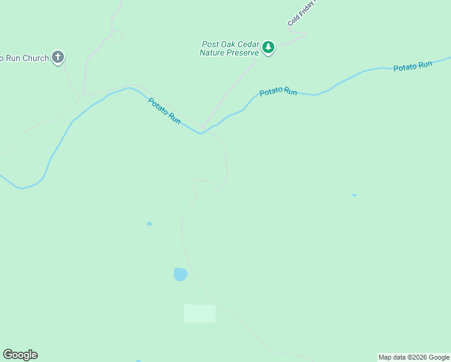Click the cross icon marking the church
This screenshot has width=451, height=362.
click(58, 58)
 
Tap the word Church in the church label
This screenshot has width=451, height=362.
click(34, 59)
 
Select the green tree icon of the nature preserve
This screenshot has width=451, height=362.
click(268, 47)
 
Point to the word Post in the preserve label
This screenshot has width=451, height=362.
click(210, 44)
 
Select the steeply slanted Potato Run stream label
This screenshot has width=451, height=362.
click(164, 111)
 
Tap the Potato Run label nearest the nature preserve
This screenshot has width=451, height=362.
click(278, 92)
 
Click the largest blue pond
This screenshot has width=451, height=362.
click(180, 275)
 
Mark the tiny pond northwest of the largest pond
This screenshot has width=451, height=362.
click(150, 224)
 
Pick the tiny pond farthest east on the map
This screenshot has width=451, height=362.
click(354, 195)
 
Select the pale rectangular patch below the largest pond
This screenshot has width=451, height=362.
click(200, 314)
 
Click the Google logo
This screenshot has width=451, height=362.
click(20, 355)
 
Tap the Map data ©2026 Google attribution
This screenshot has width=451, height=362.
click(414, 357)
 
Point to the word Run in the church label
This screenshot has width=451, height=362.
click(11, 59)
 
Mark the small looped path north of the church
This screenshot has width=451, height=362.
click(117, 36)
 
